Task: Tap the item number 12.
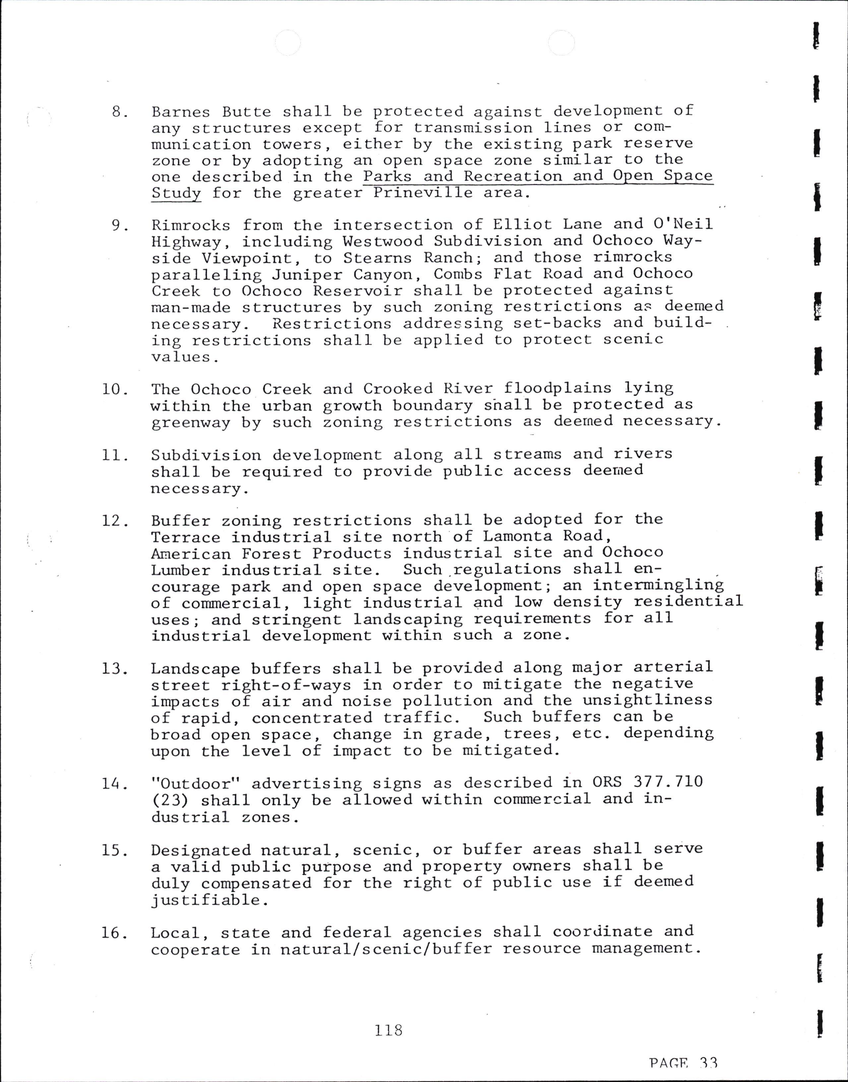(x=115, y=521)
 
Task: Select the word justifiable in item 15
(x=206, y=900)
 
